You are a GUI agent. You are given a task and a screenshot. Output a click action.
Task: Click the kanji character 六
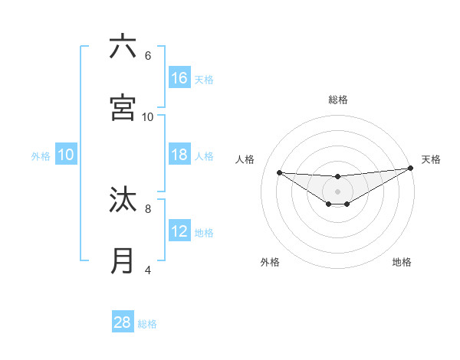[x=123, y=47]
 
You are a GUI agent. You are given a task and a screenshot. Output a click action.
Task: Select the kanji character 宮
[x=123, y=108]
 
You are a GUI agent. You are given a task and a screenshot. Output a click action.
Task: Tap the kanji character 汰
[x=123, y=201]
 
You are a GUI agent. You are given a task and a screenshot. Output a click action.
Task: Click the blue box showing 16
[x=179, y=78]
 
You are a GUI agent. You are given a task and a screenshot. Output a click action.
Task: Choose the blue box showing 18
[x=179, y=155]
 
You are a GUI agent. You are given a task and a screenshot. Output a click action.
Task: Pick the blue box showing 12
[x=179, y=232]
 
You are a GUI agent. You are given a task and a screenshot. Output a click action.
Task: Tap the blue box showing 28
[x=123, y=322]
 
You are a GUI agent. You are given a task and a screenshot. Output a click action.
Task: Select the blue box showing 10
[x=66, y=155]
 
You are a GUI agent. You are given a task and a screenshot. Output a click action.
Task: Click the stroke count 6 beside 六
[x=147, y=55]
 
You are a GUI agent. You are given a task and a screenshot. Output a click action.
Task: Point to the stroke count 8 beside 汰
[x=147, y=208]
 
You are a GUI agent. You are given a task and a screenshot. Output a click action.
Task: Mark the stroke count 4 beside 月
[x=147, y=270]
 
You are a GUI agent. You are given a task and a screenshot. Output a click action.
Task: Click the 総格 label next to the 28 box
[x=147, y=324]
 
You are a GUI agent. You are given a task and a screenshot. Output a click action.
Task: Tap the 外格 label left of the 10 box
[x=41, y=156]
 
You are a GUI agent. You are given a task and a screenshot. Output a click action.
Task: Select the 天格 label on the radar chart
[x=431, y=159]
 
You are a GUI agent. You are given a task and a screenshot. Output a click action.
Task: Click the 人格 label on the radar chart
[x=245, y=159]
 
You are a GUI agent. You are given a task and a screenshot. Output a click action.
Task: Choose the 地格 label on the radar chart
[x=402, y=262]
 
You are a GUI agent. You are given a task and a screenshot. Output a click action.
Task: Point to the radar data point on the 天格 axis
[x=411, y=168]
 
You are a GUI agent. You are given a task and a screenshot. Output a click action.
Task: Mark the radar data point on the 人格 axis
[x=279, y=172]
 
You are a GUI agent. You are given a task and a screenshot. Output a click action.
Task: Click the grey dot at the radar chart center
[x=337, y=191]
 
